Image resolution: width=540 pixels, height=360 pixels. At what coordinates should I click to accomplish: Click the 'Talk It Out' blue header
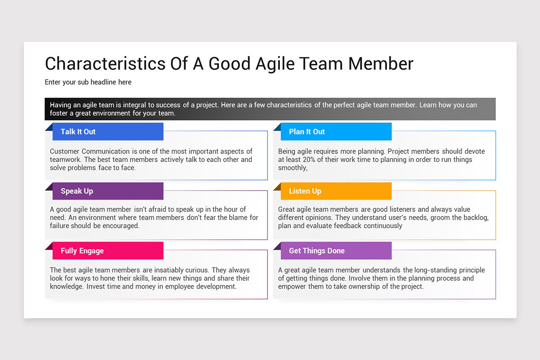108,132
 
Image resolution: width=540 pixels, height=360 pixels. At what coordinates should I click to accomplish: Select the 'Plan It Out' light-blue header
336,132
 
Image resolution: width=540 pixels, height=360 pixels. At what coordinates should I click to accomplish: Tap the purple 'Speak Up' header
108,191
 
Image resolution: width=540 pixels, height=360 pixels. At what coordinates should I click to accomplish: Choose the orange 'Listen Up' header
336,191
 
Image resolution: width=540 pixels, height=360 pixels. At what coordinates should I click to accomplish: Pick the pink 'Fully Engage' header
108,251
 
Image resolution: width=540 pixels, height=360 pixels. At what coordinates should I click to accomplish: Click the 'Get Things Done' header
336,251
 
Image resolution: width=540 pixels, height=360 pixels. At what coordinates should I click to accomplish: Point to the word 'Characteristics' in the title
105,63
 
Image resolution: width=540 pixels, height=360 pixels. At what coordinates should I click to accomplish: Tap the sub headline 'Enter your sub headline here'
88,82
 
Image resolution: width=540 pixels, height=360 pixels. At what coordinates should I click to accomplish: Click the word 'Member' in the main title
381,63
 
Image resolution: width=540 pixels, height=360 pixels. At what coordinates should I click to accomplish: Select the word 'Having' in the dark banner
60,105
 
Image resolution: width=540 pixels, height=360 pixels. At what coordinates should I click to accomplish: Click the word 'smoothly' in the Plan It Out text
292,167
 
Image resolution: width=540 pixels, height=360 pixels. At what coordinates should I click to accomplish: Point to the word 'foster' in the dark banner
58,113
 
